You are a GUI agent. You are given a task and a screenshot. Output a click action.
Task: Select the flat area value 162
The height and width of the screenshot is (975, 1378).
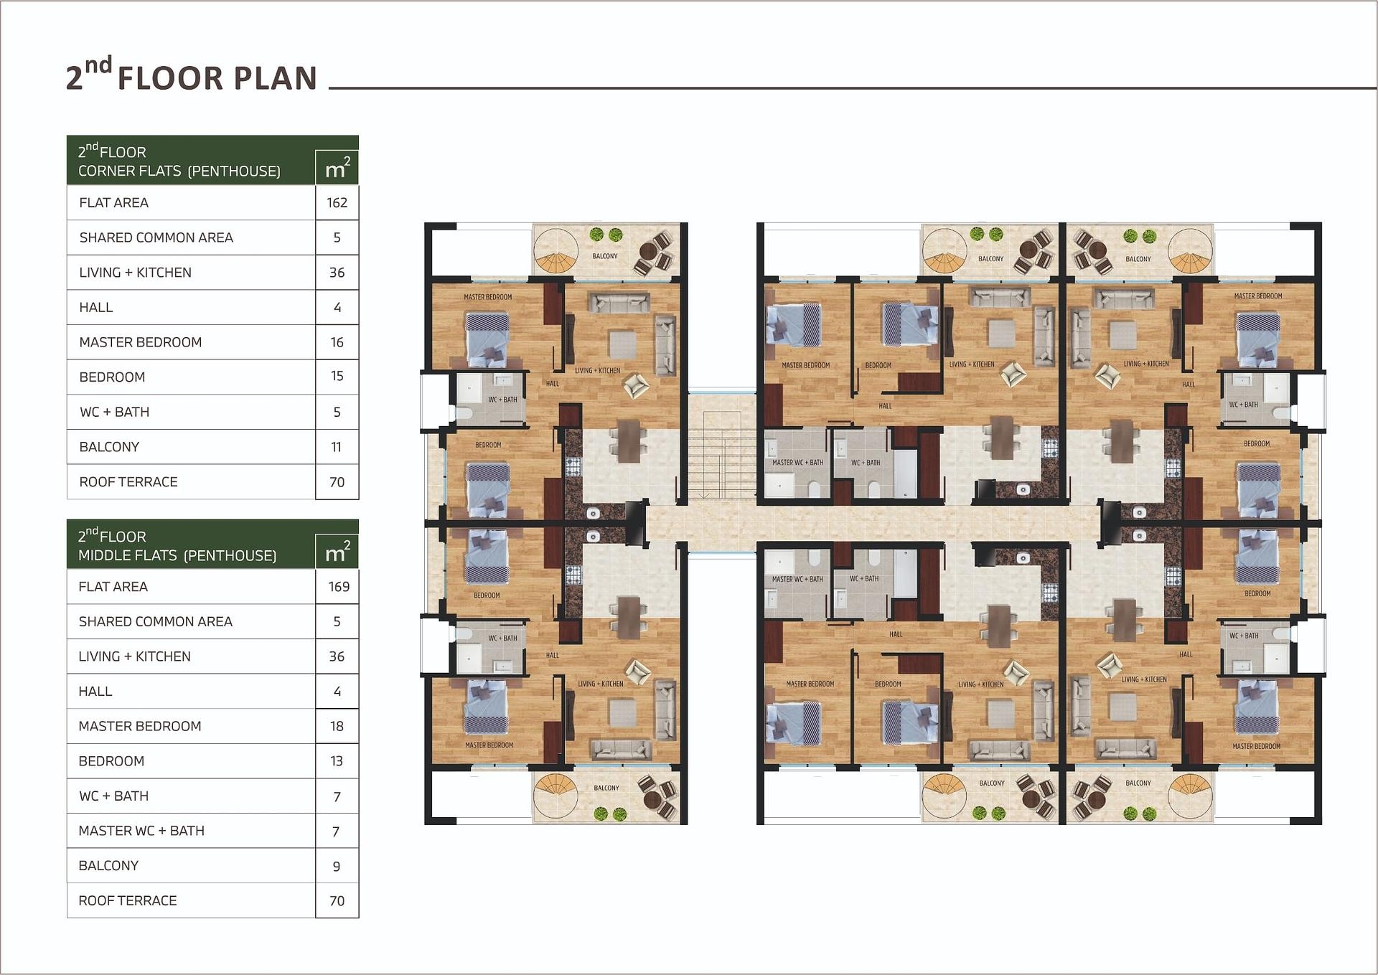click(x=337, y=203)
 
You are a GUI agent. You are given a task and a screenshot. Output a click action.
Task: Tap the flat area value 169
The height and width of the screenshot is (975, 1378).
click(x=339, y=587)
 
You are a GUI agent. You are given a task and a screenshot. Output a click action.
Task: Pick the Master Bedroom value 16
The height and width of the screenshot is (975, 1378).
click(x=337, y=342)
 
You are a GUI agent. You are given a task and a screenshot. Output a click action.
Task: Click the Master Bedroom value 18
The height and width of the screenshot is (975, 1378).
click(x=337, y=726)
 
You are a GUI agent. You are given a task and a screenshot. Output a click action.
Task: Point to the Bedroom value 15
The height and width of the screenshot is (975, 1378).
click(x=337, y=376)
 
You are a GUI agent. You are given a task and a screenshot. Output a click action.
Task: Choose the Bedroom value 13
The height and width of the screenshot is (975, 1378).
click(x=337, y=761)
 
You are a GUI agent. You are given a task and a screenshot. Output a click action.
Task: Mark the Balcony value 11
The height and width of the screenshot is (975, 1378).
click(x=336, y=447)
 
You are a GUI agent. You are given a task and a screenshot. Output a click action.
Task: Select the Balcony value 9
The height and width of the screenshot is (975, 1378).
click(x=337, y=867)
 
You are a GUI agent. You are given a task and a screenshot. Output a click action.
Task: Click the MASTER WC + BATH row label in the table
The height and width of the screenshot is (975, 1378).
click(x=141, y=831)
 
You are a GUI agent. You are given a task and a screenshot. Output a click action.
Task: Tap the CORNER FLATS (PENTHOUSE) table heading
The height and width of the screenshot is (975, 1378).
click(x=179, y=171)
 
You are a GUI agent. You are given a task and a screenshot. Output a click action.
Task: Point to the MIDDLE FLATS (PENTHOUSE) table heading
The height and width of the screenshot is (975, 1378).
click(x=177, y=555)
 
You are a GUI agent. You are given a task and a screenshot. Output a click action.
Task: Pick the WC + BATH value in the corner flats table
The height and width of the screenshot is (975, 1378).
click(x=337, y=413)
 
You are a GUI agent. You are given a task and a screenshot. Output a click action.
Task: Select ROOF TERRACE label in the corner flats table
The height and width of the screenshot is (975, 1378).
click(x=128, y=482)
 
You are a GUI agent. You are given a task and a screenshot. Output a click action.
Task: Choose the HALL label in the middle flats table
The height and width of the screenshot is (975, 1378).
click(x=95, y=692)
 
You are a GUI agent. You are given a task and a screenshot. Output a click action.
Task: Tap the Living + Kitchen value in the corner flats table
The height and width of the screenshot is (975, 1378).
click(x=337, y=273)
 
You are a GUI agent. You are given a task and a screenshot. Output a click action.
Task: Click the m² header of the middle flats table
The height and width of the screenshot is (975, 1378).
click(x=337, y=552)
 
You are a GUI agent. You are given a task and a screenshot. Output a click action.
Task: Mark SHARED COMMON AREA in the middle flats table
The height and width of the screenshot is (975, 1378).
click(x=156, y=622)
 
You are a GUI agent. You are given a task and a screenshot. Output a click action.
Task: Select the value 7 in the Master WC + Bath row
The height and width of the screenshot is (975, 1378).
click(x=336, y=832)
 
